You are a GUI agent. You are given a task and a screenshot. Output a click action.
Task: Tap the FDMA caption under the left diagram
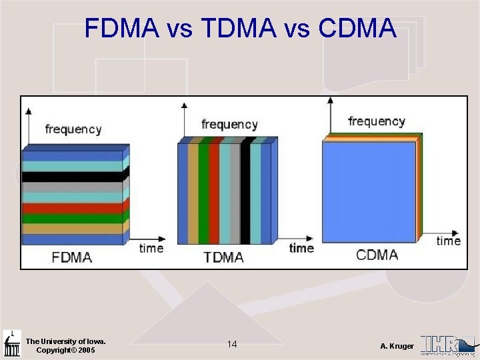[72, 257]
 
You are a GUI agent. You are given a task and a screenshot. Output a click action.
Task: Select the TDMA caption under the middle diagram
[223, 257]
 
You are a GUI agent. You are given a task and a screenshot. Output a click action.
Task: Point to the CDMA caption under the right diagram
[377, 255]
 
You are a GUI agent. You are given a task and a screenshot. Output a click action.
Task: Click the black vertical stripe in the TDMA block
[245, 193]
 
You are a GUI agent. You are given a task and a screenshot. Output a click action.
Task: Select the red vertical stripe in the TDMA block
[214, 193]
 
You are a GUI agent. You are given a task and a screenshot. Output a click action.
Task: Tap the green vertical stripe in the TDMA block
[203, 193]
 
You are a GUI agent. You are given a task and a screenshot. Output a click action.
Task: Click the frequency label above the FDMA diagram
[73, 129]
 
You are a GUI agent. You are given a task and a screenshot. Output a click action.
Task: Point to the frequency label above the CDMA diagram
[377, 121]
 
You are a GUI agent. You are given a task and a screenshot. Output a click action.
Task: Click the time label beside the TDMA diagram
[301, 248]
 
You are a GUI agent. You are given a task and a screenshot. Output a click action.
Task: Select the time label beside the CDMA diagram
[449, 241]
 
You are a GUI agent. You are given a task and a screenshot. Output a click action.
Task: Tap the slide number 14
[232, 344]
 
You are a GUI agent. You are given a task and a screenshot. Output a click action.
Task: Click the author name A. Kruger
[397, 346]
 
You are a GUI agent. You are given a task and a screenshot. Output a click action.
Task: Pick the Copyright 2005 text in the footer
[65, 350]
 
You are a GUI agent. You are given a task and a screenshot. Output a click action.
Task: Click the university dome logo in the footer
[11, 343]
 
